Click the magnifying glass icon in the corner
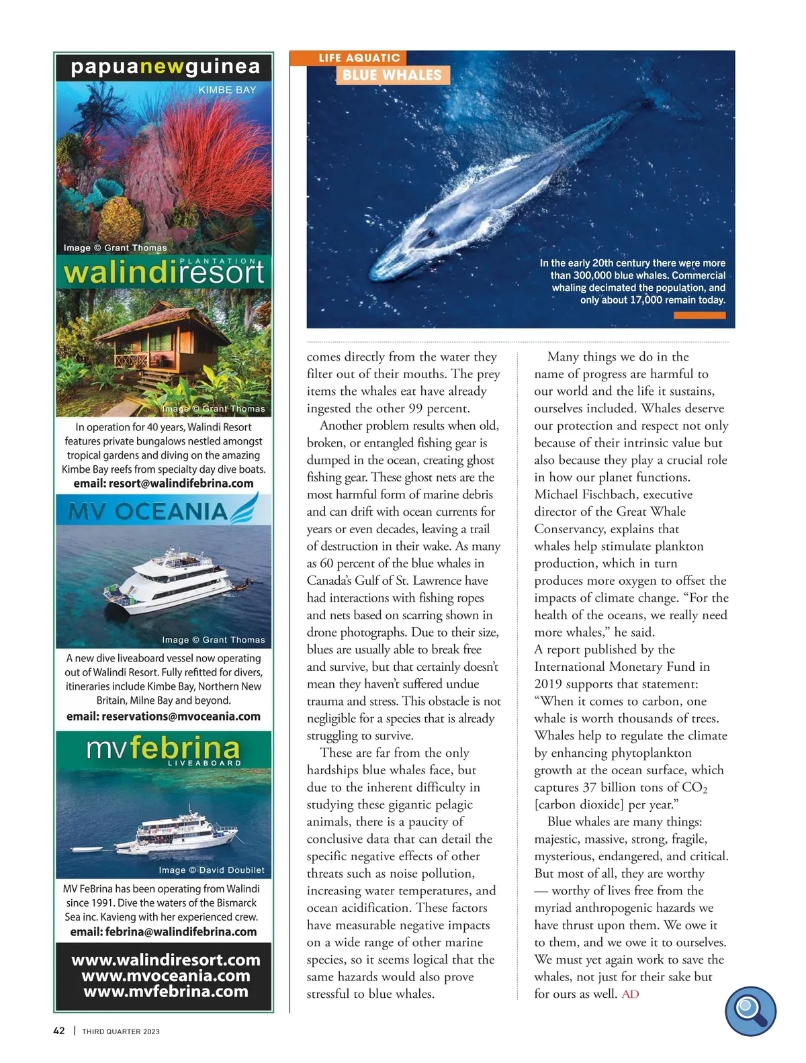[750, 1011]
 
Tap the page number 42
[59, 1031]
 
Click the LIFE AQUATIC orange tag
[359, 58]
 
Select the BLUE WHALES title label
[392, 75]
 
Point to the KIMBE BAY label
[227, 89]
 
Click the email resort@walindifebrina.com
[163, 483]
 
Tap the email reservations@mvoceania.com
[163, 717]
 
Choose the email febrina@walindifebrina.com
[163, 932]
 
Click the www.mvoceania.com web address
[165, 976]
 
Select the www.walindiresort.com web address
[165, 960]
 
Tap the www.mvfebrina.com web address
[165, 992]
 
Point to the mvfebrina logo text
[163, 748]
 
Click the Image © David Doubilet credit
[212, 870]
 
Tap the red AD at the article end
[631, 994]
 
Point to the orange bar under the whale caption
[699, 316]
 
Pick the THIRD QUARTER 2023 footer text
[121, 1031]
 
